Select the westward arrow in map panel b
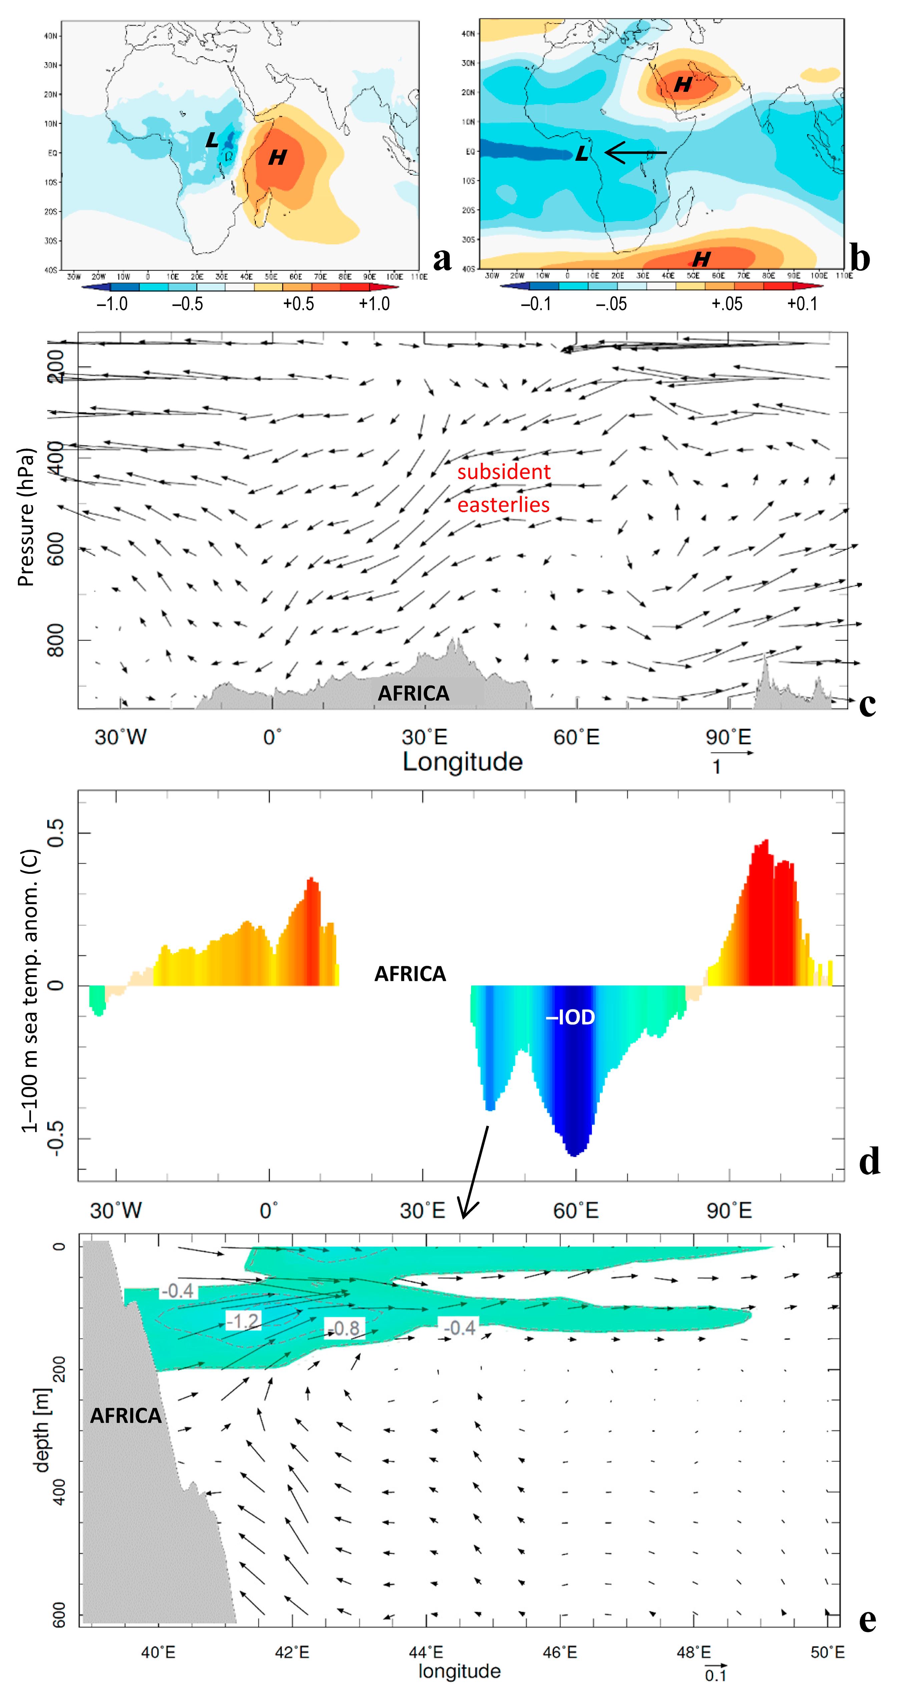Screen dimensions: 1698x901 (635, 153)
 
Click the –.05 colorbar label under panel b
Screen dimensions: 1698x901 (611, 304)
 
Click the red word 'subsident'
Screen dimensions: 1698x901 (504, 472)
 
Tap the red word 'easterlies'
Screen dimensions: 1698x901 (504, 505)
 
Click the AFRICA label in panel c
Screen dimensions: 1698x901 (413, 693)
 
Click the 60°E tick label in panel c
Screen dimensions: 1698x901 (576, 737)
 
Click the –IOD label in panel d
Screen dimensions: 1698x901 (570, 1017)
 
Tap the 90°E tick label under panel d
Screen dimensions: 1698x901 (729, 1210)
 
